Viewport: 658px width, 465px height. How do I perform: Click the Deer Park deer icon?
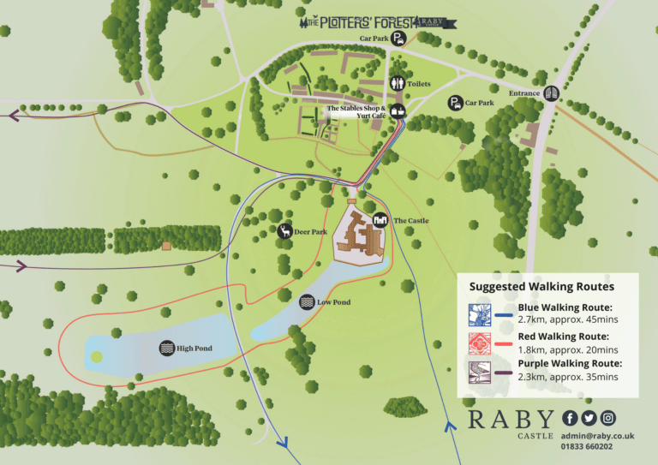click(x=284, y=231)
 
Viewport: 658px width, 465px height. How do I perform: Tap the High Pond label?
click(x=194, y=349)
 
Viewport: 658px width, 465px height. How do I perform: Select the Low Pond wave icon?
click(x=307, y=302)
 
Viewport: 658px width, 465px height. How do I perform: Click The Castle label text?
click(x=411, y=221)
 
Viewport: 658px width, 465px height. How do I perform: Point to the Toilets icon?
click(x=397, y=83)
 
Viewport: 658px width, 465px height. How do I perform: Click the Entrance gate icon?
click(x=551, y=93)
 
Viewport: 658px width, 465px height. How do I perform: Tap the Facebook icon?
click(x=570, y=418)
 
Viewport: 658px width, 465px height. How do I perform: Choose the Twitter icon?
click(x=589, y=418)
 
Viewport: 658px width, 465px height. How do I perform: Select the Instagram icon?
click(x=607, y=418)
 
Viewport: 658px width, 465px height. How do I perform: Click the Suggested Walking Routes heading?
click(x=541, y=286)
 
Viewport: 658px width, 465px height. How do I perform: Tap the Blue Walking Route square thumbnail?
click(x=480, y=313)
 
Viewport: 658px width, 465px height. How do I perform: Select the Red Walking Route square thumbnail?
click(x=480, y=343)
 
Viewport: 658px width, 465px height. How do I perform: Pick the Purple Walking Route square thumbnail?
click(x=480, y=370)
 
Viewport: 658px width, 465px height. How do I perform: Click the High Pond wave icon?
click(x=166, y=349)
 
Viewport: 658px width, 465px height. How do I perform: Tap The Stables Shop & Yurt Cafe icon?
click(x=397, y=111)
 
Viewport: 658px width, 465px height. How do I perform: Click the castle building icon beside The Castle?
click(x=380, y=220)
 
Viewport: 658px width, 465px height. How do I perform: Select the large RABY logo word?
click(x=511, y=420)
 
